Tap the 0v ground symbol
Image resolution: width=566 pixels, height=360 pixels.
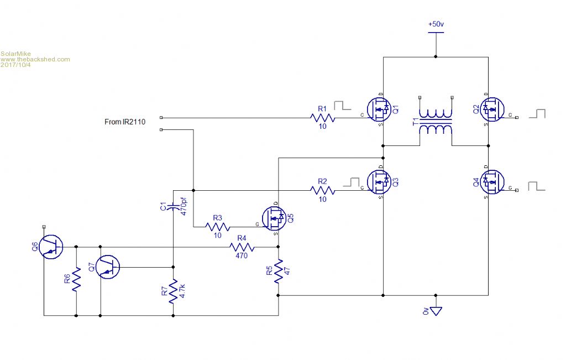point(436,311)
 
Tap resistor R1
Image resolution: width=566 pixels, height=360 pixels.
point(323,118)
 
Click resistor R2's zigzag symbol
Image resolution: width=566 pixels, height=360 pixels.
point(323,190)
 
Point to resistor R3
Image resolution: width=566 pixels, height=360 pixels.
point(217,227)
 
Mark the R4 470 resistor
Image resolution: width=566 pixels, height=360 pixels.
point(242,247)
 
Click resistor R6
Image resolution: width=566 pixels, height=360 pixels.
point(76,280)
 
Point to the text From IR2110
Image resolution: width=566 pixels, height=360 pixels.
point(124,122)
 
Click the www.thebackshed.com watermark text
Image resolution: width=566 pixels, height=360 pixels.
point(35,59)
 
